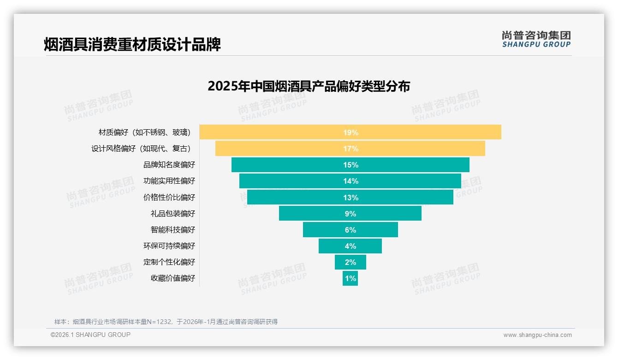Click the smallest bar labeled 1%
point(350,278)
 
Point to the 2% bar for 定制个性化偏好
point(350,262)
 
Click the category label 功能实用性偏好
point(169,181)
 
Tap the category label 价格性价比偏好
point(169,197)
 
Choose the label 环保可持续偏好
point(169,246)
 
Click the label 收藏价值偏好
point(173,278)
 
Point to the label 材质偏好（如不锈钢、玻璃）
point(145,132)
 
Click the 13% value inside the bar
point(351,198)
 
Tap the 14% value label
point(351,181)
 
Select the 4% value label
point(351,246)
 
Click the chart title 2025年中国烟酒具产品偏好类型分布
point(309,86)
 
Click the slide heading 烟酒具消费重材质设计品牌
point(132,44)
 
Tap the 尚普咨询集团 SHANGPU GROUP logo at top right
point(536,39)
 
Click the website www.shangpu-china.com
point(537,335)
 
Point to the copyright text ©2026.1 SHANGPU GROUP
point(90,335)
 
